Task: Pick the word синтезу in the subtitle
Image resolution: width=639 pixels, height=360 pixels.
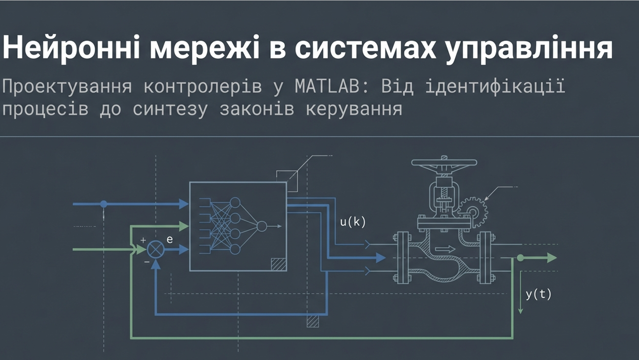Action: tap(170, 109)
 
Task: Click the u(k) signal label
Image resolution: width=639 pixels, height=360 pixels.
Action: tap(352, 222)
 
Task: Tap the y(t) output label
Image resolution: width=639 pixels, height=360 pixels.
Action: tap(538, 294)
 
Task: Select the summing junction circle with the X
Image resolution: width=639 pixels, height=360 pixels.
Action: tap(155, 249)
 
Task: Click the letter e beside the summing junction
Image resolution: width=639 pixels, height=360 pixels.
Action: tap(169, 239)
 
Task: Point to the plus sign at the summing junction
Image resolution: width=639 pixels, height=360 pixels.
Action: tap(143, 240)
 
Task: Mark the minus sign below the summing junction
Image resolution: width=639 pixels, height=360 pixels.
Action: tap(146, 262)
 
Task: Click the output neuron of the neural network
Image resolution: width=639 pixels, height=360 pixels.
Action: tap(262, 226)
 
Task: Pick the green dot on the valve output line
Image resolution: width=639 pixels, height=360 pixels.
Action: tap(520, 258)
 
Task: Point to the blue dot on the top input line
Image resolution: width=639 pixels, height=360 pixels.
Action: tap(104, 204)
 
